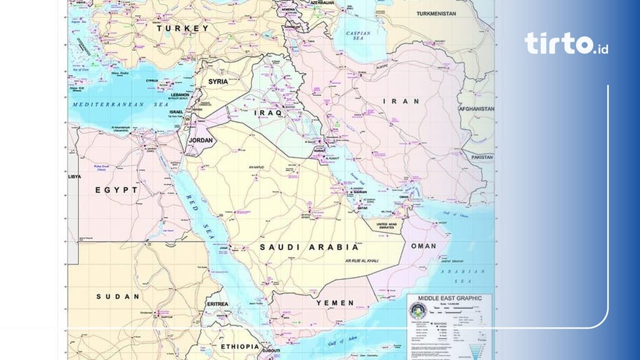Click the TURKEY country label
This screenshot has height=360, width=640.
[182, 29]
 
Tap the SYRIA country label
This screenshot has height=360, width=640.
[218, 82]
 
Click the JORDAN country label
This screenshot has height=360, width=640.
[201, 140]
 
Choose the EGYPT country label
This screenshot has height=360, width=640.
[116, 189]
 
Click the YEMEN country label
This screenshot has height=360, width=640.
[335, 302]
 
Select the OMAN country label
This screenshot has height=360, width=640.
[424, 246]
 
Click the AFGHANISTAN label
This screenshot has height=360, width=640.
[476, 108]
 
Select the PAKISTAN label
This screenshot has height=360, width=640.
[482, 157]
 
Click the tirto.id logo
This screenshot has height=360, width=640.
[566, 44]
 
